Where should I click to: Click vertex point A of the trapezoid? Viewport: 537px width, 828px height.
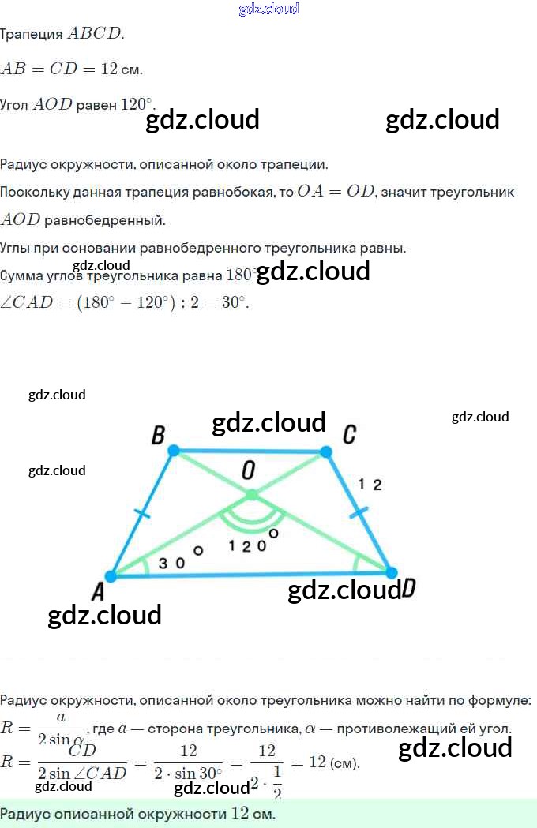point(111,576)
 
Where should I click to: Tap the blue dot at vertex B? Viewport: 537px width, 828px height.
point(174,451)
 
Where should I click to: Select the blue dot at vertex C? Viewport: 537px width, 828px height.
point(325,451)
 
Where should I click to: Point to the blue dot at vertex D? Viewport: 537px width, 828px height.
point(390,572)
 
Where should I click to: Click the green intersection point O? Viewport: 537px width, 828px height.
point(251,495)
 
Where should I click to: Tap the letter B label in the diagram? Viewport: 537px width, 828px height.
point(158,435)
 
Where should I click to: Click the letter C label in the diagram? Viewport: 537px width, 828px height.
point(349,435)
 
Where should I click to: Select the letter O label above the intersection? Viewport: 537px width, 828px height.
point(248,471)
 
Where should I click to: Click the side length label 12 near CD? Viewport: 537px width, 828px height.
point(370,485)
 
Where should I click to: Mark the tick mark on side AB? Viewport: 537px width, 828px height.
point(142,514)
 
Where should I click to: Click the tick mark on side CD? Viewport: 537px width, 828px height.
point(359,512)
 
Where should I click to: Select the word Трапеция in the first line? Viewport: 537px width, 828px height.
point(32,34)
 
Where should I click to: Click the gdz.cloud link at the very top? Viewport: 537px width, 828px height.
point(268,9)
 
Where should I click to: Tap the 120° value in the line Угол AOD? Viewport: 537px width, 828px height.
point(138,104)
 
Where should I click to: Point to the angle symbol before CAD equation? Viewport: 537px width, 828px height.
point(6,303)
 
